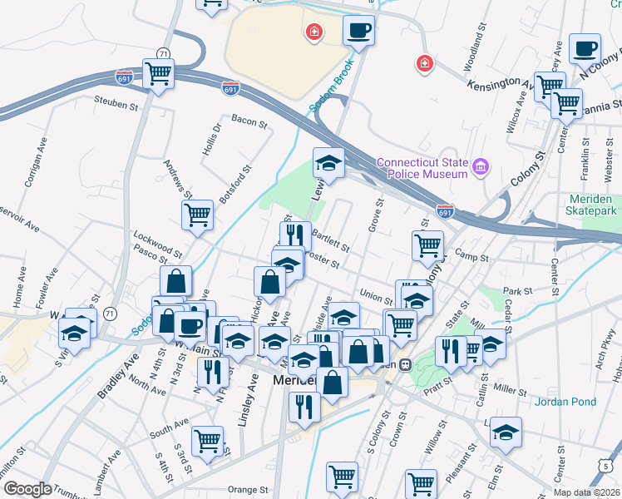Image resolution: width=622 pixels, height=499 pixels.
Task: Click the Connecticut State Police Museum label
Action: tap(422, 168)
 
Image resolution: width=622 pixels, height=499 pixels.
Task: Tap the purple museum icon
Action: tap(480, 169)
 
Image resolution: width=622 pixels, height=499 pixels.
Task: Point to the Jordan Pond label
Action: tap(568, 402)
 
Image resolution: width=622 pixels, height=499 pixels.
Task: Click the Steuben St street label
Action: tap(116, 106)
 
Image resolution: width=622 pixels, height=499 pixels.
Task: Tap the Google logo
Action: tap(27, 488)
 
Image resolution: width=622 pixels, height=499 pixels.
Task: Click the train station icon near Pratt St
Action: tap(406, 364)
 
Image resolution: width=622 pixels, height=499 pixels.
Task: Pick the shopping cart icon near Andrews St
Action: tap(198, 215)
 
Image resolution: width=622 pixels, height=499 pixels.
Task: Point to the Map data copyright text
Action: tap(587, 492)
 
